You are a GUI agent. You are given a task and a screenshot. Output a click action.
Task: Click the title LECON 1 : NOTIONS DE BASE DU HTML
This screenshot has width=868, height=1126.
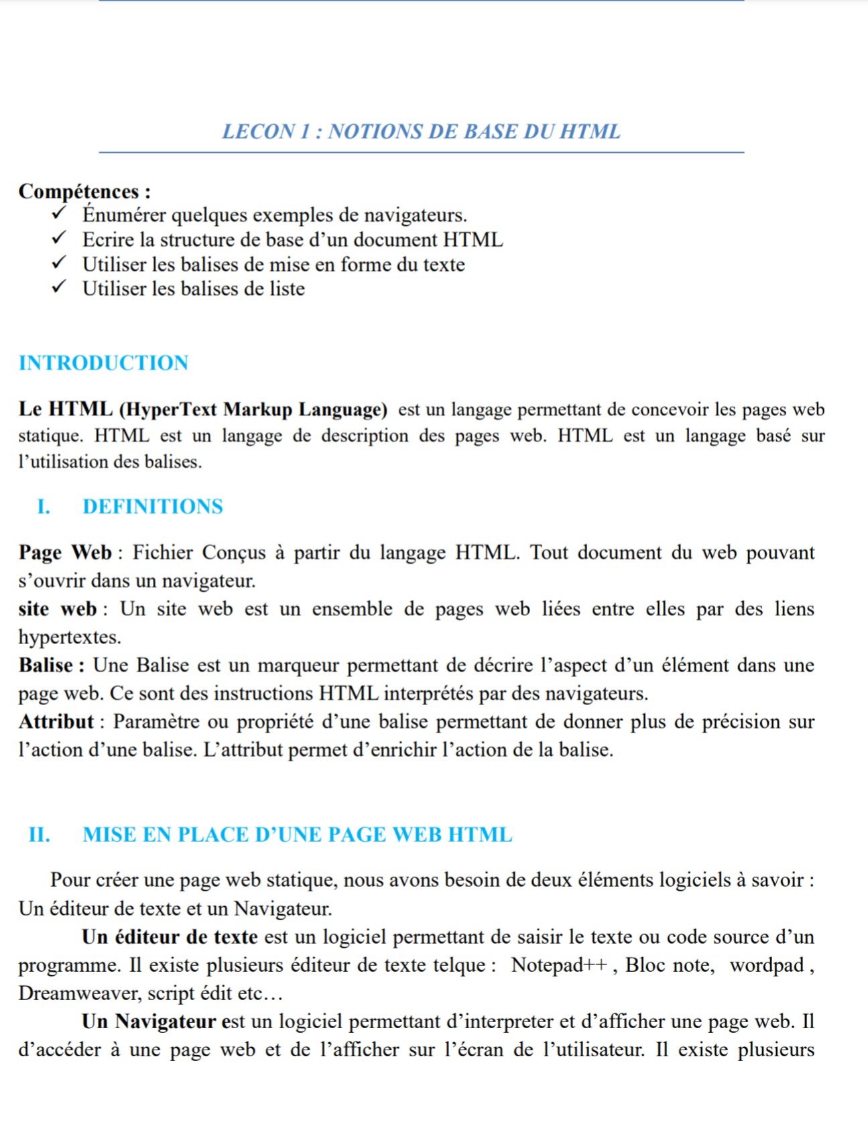pyautogui.click(x=421, y=131)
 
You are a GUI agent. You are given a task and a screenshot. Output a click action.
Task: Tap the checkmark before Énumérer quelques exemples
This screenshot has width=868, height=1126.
pyautogui.click(x=60, y=213)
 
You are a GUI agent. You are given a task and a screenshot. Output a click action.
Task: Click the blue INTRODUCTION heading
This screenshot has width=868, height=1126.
pyautogui.click(x=103, y=363)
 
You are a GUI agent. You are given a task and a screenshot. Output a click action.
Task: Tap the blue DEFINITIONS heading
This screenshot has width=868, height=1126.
pyautogui.click(x=152, y=507)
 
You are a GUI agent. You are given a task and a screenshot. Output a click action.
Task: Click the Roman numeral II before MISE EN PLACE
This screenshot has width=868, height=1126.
pyautogui.click(x=39, y=835)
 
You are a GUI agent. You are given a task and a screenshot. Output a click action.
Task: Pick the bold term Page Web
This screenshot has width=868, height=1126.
pyautogui.click(x=64, y=553)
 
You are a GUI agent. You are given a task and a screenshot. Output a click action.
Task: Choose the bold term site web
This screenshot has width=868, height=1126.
pyautogui.click(x=58, y=609)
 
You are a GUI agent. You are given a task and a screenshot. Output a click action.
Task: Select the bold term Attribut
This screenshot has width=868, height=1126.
pyautogui.click(x=56, y=722)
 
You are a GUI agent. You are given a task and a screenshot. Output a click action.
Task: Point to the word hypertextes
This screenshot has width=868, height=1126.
pyautogui.click(x=70, y=637)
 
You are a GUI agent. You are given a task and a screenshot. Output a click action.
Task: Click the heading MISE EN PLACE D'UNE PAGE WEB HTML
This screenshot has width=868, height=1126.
pyautogui.click(x=297, y=835)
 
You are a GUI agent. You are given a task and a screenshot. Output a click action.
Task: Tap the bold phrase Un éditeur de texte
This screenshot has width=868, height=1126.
pyautogui.click(x=170, y=937)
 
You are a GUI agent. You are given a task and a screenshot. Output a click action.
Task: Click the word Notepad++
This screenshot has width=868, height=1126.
pyautogui.click(x=559, y=965)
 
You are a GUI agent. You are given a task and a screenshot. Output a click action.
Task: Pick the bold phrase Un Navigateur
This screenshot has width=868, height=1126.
pyautogui.click(x=149, y=1022)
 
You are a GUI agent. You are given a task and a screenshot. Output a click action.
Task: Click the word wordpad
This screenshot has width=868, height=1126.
pyautogui.click(x=766, y=965)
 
